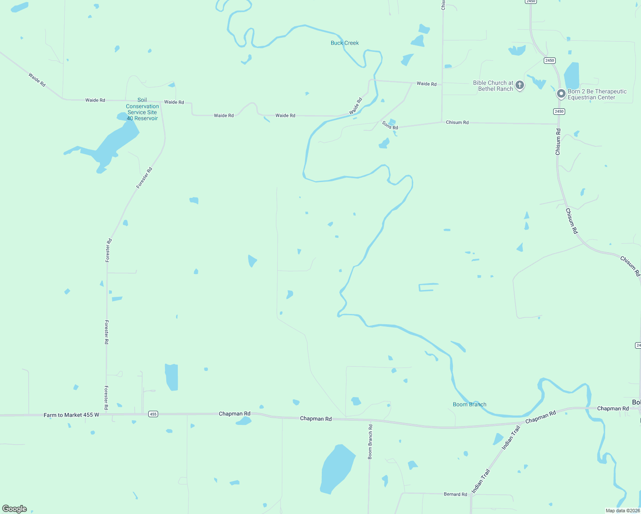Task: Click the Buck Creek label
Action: pos(344,43)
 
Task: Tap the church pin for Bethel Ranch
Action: pos(520,85)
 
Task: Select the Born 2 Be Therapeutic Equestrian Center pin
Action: pos(561,93)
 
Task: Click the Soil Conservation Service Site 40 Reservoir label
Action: pos(142,109)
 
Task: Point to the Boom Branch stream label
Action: pos(470,404)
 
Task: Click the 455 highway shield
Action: pos(153,414)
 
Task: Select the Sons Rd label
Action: pos(390,126)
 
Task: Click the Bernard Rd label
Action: pos(455,494)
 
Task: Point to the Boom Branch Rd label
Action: pos(370,442)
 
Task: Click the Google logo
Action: pos(15,509)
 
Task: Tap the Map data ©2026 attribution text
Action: pos(622,511)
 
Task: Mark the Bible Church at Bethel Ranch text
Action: pos(493,86)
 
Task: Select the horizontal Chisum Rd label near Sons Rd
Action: pos(457,123)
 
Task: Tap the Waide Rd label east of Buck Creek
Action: pos(426,84)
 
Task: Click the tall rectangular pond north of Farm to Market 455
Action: pos(171,377)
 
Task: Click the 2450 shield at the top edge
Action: pos(530,2)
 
